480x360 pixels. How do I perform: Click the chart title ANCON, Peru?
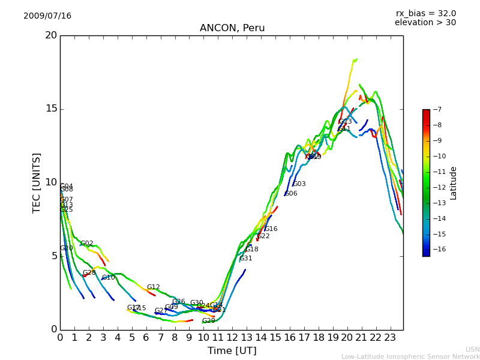232,28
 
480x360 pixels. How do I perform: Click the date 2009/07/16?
47,16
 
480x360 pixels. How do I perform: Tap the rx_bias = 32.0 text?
426,14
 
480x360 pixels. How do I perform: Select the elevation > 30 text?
425,23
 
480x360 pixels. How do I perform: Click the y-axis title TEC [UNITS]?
37,182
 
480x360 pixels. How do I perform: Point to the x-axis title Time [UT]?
232,351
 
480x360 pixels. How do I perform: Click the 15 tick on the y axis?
50,109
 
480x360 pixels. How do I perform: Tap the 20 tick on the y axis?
50,35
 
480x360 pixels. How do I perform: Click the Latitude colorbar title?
454,182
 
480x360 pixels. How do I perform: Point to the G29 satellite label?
209,321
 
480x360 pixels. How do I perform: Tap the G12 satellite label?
154,287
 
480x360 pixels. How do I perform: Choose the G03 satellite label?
299,184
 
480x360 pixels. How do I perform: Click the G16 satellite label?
271,229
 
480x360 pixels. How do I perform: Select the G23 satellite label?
346,122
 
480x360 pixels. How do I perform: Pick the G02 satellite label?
87,244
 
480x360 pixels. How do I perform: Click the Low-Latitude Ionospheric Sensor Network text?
410,356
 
